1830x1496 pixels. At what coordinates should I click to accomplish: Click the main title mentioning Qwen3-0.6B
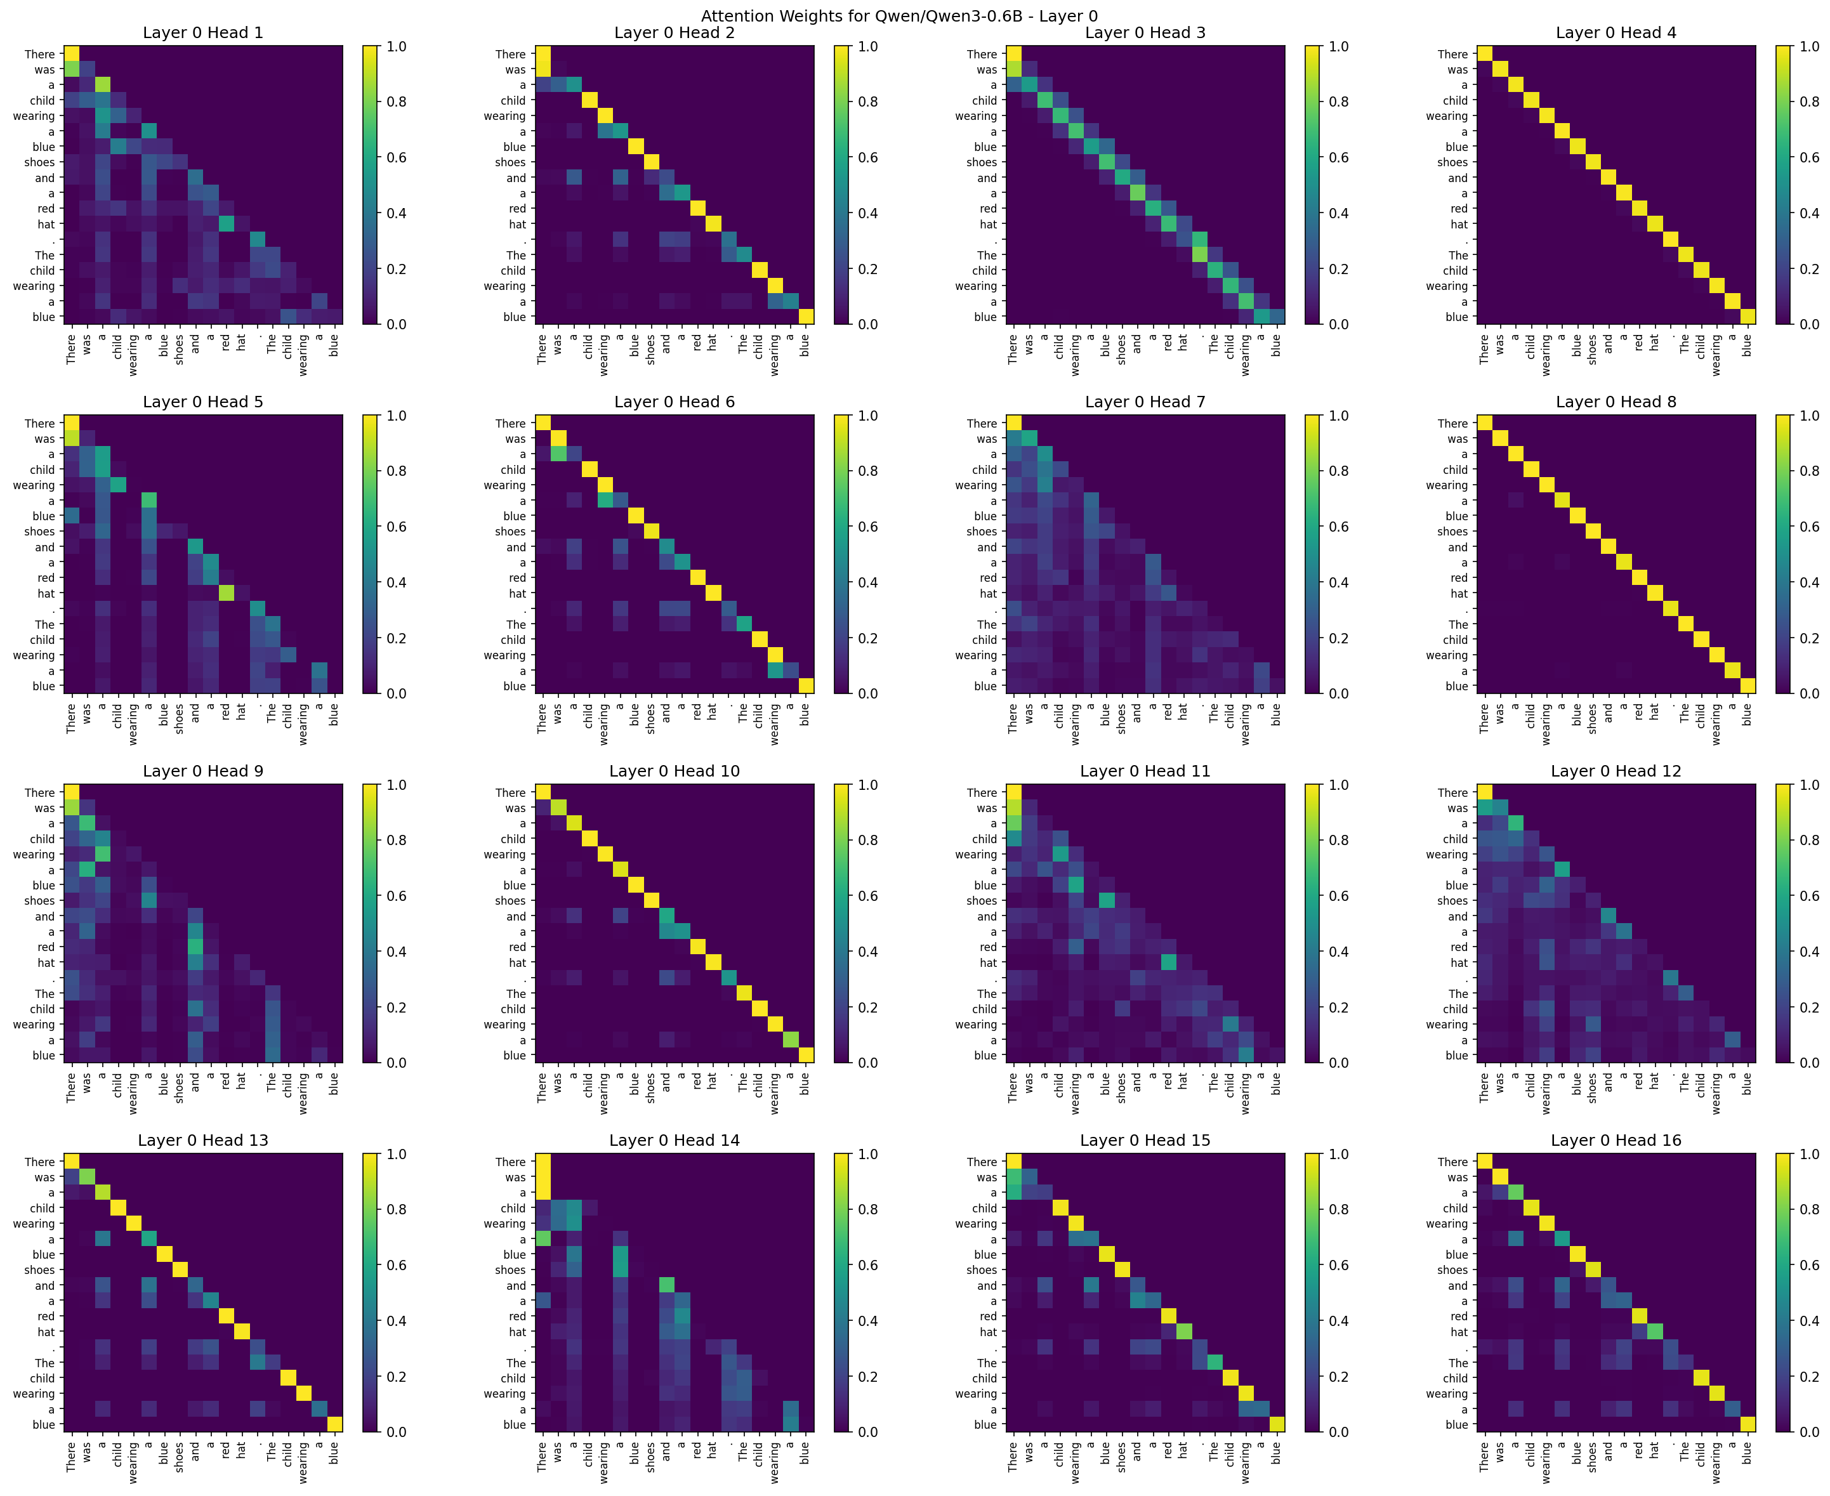899,15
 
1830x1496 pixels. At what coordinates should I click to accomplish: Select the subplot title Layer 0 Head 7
1145,402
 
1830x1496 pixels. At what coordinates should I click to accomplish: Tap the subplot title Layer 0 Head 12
1616,770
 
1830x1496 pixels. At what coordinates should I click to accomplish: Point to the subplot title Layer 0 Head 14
674,1140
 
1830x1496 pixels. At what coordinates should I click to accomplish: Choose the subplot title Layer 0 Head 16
1616,1140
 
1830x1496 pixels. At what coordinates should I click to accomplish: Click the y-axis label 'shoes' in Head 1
39,162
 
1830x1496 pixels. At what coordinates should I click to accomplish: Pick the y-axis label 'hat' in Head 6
517,593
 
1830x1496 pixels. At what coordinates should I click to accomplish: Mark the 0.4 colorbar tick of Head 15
1339,1320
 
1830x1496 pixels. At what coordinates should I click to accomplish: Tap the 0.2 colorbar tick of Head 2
867,269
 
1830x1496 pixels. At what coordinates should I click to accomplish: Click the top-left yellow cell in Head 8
1485,423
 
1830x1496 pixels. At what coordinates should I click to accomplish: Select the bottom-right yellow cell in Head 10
806,1055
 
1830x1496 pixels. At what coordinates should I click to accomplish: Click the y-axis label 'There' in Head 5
39,423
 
